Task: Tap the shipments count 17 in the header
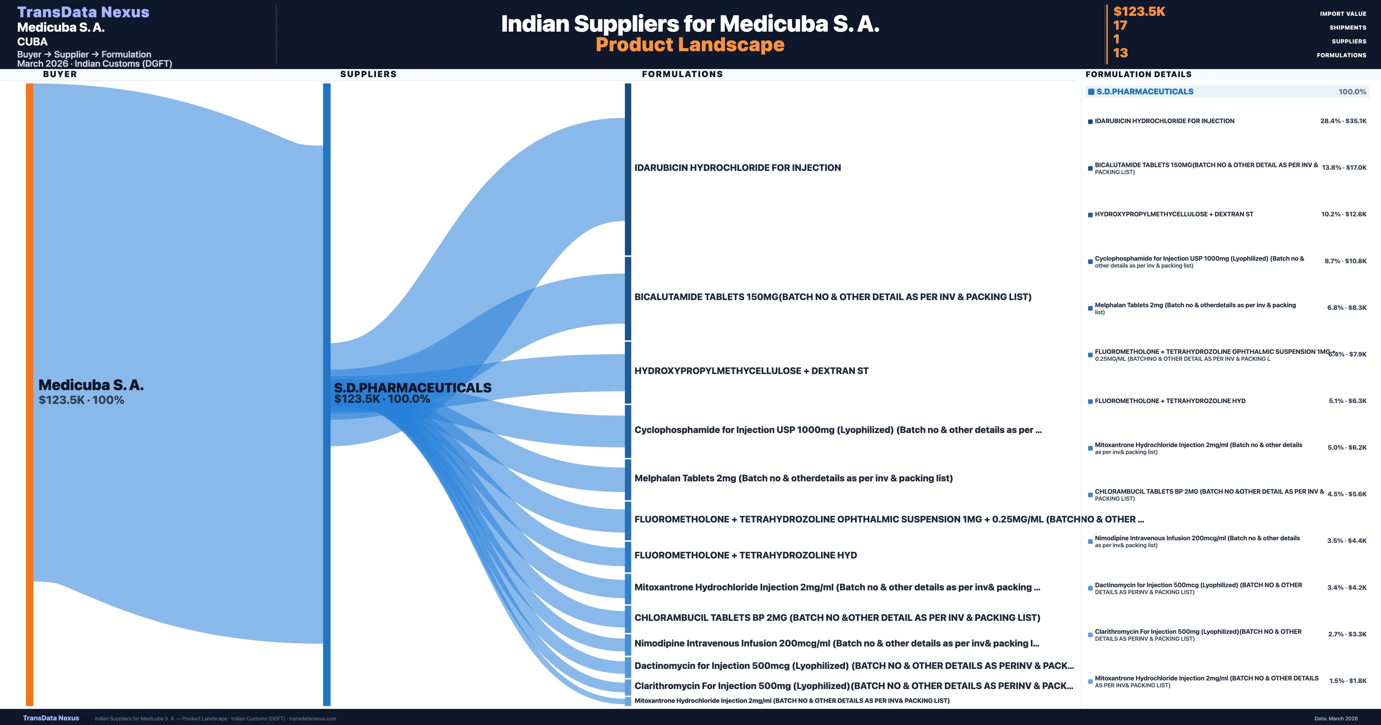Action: click(1120, 26)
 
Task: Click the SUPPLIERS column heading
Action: click(368, 74)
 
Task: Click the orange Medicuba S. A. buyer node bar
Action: click(29, 394)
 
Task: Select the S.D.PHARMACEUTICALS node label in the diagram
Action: click(412, 388)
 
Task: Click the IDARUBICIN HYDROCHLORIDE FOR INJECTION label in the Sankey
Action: click(737, 168)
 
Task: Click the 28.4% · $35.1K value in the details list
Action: click(1343, 121)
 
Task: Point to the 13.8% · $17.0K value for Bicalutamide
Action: click(1344, 168)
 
